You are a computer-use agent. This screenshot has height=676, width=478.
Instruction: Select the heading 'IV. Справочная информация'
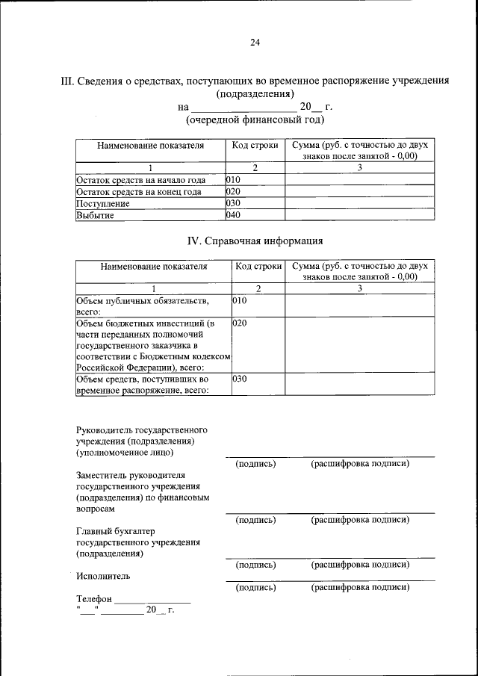pyautogui.click(x=255, y=241)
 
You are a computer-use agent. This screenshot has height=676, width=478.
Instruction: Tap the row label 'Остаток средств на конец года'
pyautogui.click(x=140, y=191)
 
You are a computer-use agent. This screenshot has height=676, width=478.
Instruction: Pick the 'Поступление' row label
pyautogui.click(x=103, y=203)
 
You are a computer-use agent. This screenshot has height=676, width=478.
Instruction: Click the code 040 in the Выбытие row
pyautogui.click(x=233, y=215)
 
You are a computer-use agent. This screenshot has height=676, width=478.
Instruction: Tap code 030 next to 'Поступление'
pyautogui.click(x=233, y=203)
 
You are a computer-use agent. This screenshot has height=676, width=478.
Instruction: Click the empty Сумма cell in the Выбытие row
pyautogui.click(x=359, y=215)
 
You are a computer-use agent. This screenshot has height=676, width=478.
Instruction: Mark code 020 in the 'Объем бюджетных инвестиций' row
pyautogui.click(x=239, y=323)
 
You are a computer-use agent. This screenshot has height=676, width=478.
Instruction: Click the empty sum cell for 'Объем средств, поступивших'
pyautogui.click(x=359, y=383)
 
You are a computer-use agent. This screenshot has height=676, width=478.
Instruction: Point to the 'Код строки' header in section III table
pyautogui.click(x=255, y=146)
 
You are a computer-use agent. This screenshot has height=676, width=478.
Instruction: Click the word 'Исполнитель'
pyautogui.click(x=103, y=576)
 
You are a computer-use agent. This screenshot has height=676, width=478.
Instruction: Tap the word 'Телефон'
pyautogui.click(x=94, y=599)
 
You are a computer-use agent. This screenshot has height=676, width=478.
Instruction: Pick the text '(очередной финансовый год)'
pyautogui.click(x=255, y=120)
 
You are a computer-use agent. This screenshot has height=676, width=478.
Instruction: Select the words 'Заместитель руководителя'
pyautogui.click(x=131, y=475)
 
